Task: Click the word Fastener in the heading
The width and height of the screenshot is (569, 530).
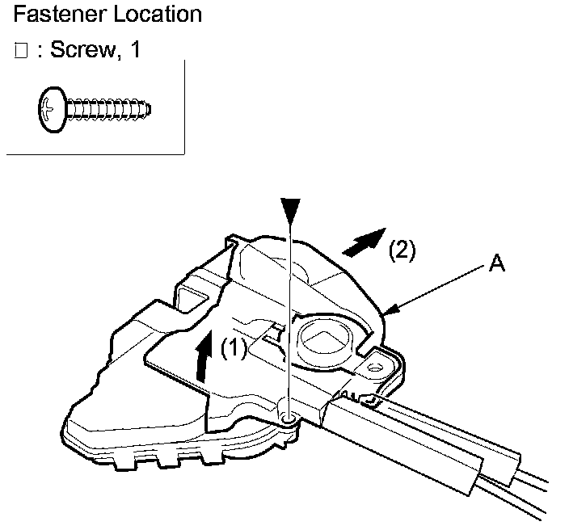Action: (51, 15)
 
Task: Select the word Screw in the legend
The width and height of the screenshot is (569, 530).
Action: (83, 49)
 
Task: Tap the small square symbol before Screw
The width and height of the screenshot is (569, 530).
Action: (22, 51)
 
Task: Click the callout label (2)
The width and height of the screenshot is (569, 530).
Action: (402, 251)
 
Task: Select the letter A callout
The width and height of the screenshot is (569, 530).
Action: (498, 264)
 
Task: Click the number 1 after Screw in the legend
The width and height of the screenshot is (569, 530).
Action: (135, 49)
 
